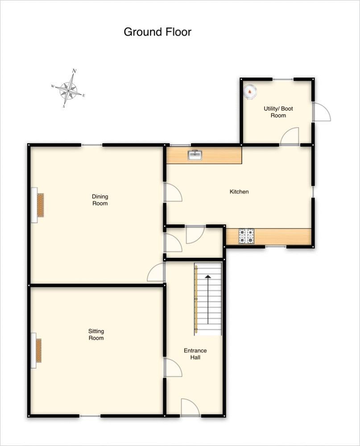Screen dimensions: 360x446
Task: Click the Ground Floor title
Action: coord(157,32)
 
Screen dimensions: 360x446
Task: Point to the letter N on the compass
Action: coord(74,70)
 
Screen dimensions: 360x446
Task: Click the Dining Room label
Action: coord(100,200)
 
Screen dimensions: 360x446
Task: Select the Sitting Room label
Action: coord(96,334)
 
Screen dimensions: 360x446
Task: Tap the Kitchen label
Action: coord(239,192)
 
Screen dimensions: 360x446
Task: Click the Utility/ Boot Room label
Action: coord(278,112)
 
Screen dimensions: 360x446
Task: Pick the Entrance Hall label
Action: coord(195,354)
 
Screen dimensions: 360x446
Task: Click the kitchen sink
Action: coord(195,155)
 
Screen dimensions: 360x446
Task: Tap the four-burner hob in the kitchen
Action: coord(246,236)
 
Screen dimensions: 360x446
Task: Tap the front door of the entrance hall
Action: coord(190,407)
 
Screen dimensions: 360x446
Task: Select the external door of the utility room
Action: coord(321,112)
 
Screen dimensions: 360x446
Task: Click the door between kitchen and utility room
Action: coord(290,136)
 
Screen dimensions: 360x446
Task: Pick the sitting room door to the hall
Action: coord(173,368)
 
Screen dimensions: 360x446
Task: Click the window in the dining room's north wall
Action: coord(91,145)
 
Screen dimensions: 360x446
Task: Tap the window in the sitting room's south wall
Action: coord(90,416)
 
